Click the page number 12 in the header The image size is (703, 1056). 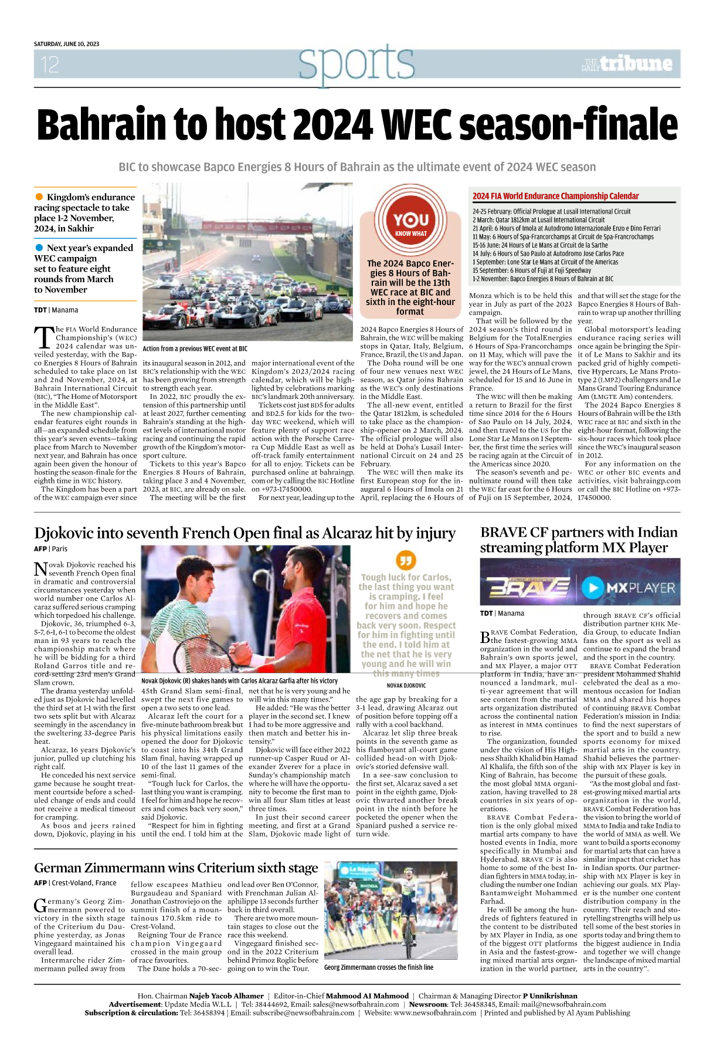(x=50, y=65)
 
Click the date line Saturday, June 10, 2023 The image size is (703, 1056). (x=66, y=44)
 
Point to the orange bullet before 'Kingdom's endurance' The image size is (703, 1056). (x=39, y=197)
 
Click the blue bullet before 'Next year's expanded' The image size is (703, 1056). (x=39, y=248)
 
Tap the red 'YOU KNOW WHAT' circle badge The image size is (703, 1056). (x=410, y=222)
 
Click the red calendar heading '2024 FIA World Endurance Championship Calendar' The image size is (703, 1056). (x=555, y=196)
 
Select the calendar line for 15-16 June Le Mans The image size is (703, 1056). (x=540, y=245)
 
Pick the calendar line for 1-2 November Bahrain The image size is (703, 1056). (x=543, y=279)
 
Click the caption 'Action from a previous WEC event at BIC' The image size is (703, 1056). (x=195, y=348)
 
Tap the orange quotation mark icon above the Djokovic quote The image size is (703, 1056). (x=406, y=560)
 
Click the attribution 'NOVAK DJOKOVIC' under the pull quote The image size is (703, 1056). (x=406, y=685)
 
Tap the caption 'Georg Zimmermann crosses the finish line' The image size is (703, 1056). (x=379, y=967)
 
